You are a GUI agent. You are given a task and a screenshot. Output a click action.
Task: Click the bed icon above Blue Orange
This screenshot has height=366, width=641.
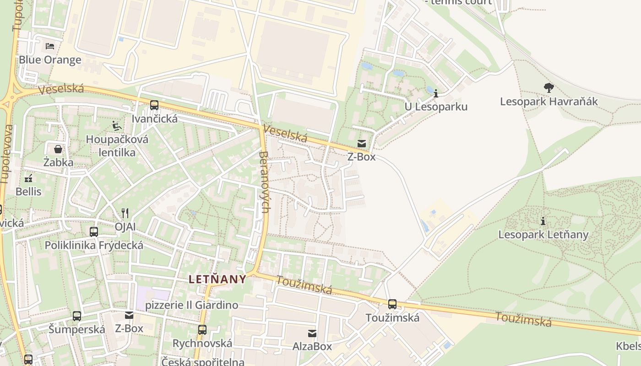coord(50,46)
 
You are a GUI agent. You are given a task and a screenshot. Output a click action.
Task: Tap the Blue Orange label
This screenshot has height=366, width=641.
coord(50,60)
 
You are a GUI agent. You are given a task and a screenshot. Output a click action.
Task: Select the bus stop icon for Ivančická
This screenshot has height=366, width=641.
coord(154,105)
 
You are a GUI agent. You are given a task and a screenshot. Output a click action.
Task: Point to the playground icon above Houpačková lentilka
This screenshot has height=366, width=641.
coord(117,126)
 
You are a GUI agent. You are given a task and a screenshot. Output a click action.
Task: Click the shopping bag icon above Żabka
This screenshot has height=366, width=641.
coord(58,149)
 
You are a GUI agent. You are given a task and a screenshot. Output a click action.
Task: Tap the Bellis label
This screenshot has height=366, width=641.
coord(28,192)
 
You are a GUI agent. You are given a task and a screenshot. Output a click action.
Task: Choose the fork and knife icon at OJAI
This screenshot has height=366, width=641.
coord(125,213)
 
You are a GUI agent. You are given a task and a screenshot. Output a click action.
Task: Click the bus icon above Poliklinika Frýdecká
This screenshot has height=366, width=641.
coord(94,232)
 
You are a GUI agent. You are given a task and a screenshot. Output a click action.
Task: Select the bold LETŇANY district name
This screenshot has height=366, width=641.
coord(217,279)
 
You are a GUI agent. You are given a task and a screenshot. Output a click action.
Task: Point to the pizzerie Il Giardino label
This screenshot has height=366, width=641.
coord(191,305)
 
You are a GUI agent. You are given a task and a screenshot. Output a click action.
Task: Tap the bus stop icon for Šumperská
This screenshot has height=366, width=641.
coord(77,316)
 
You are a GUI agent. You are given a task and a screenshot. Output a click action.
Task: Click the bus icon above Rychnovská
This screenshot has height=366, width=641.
coord(202,329)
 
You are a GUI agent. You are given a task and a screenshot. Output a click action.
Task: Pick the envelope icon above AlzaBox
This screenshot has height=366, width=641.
coord(312,333)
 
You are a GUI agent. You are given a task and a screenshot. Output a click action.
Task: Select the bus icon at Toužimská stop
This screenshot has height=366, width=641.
coord(392,304)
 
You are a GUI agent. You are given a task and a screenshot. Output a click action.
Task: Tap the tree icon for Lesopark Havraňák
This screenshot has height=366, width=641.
coord(549,87)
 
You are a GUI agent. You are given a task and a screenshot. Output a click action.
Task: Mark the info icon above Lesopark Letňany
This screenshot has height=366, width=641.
coord(543,221)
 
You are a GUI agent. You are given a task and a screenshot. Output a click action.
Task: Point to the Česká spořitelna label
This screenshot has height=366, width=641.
coord(203,361)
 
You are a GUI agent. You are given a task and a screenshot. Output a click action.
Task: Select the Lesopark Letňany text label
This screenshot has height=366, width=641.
coord(543,235)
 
